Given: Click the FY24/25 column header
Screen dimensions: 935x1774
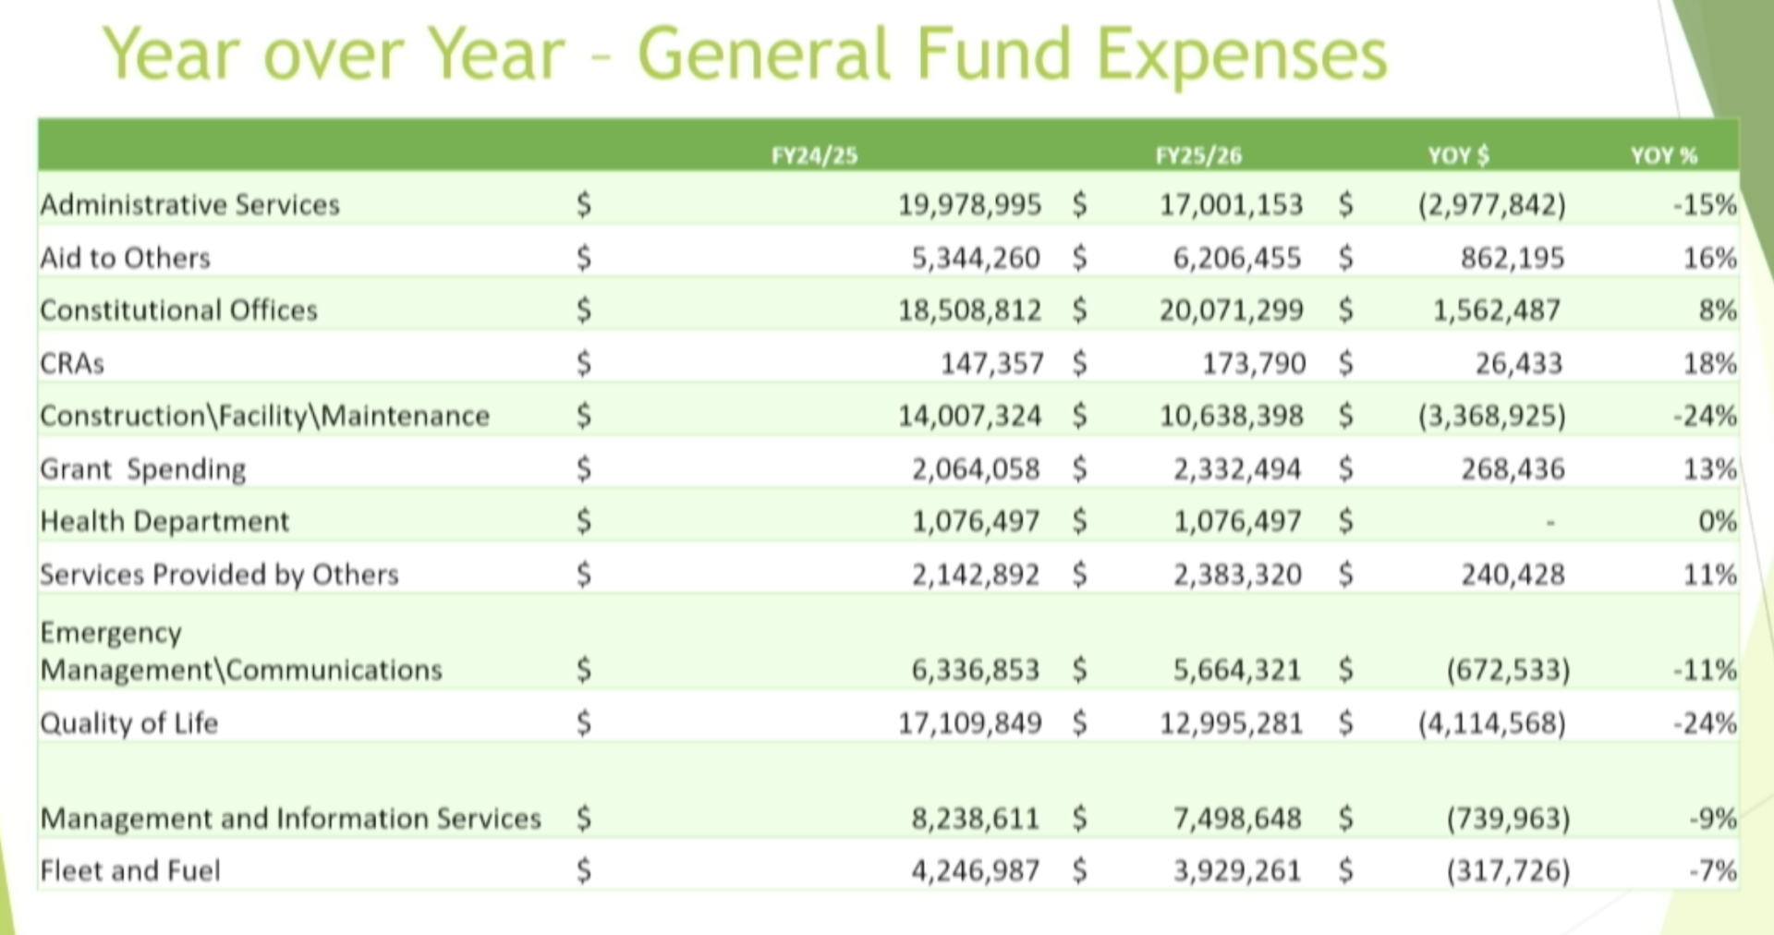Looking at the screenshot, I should pyautogui.click(x=814, y=155).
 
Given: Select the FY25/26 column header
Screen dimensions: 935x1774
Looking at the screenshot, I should pyautogui.click(x=1198, y=155).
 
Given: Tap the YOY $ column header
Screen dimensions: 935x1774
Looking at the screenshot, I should pyautogui.click(x=1458, y=155).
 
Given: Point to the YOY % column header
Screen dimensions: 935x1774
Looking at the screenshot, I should pyautogui.click(x=1663, y=155).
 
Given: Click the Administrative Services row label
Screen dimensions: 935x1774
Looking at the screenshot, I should pyautogui.click(x=189, y=204).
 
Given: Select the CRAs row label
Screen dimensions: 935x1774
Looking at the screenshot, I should pyautogui.click(x=72, y=363).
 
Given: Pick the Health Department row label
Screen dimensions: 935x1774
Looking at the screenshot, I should pyautogui.click(x=164, y=522).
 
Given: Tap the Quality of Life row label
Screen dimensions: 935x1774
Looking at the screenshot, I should pyautogui.click(x=128, y=722).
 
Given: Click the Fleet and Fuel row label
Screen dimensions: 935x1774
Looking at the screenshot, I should pyautogui.click(x=130, y=870).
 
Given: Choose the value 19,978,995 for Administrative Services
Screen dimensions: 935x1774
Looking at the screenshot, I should pyautogui.click(x=969, y=204).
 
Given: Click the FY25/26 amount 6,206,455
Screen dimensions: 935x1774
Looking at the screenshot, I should pyautogui.click(x=1237, y=258).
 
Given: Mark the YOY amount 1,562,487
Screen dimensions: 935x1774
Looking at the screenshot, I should pyautogui.click(x=1496, y=310).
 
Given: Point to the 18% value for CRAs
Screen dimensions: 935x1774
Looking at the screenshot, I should pyautogui.click(x=1709, y=363).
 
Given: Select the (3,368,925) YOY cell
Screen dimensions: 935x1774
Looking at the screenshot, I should pyautogui.click(x=1491, y=417).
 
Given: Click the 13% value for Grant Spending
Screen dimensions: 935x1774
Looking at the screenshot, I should pyautogui.click(x=1709, y=469).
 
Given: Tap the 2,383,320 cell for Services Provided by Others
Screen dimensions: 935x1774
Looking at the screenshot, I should pyautogui.click(x=1237, y=575).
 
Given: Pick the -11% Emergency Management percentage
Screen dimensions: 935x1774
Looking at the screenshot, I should pyautogui.click(x=1705, y=670).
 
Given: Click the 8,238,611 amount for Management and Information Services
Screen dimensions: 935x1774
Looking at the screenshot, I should pyautogui.click(x=975, y=819).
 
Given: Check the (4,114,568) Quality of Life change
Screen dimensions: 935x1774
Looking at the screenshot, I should pyautogui.click(x=1491, y=722).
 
